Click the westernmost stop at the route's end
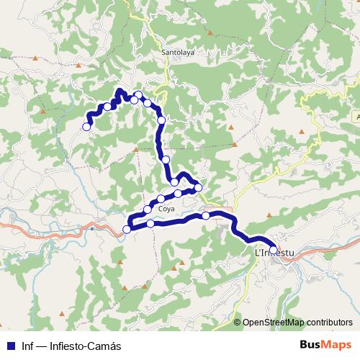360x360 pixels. (86, 127)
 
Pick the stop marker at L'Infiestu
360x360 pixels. (273, 250)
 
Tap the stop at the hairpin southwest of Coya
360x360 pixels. (127, 229)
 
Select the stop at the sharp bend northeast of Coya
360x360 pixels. (199, 189)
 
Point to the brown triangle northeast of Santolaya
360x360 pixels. (209, 33)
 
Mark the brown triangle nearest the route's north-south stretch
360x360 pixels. (136, 149)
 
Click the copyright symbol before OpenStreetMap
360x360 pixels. (238, 323)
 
